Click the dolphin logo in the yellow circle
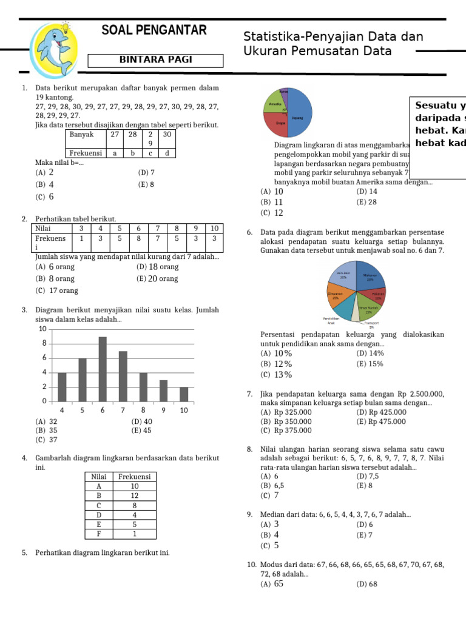point(53,45)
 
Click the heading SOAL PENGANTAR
point(154,30)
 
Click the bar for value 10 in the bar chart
point(184,394)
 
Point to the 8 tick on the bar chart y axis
point(43,343)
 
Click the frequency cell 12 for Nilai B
point(134,495)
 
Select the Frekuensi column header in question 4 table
point(134,477)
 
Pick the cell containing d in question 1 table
point(166,153)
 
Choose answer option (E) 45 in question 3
point(141,431)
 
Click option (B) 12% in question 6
point(276,364)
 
